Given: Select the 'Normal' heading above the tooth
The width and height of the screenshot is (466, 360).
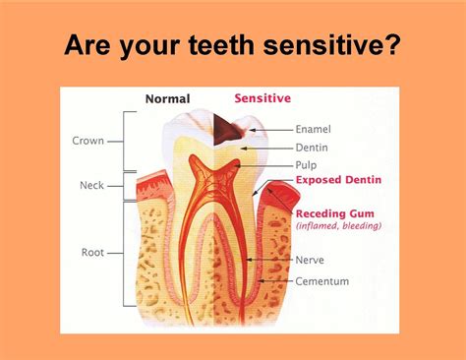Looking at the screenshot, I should (x=167, y=98).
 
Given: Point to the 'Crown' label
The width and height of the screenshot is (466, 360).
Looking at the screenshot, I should (x=87, y=141).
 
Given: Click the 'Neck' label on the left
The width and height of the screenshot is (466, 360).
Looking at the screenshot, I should (x=91, y=185).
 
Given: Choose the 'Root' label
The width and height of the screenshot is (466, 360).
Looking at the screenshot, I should (x=92, y=252).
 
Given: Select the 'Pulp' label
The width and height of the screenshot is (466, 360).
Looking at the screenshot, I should (x=309, y=164).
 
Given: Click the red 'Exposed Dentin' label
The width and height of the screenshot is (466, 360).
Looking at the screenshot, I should (x=339, y=181).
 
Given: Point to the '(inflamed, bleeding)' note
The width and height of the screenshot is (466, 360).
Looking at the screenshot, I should (x=337, y=225).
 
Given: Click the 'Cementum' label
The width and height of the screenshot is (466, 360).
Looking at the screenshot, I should (x=322, y=281).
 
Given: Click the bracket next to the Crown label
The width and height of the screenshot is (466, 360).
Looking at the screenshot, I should (x=125, y=141).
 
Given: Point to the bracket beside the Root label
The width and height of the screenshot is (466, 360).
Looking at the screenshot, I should (x=125, y=253).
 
